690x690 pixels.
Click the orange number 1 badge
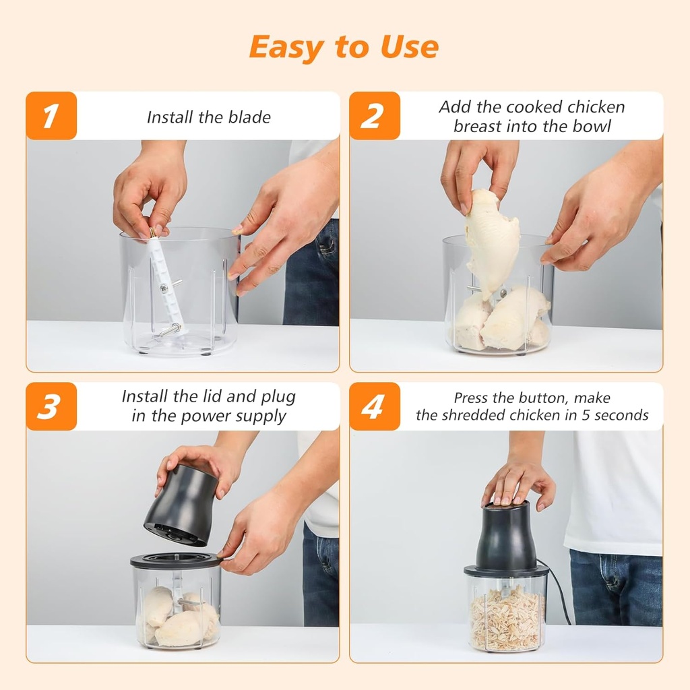pos(51,116)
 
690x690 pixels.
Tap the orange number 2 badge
pos(375,116)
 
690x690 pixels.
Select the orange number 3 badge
pos(51,406)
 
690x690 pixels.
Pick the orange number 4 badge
pos(375,406)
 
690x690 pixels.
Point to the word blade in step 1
pos(249,117)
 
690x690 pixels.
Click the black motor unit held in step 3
pos(180,505)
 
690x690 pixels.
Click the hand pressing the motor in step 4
pos(517,482)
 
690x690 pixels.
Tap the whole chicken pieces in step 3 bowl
pos(177,617)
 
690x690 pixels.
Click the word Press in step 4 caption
pos(471,398)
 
